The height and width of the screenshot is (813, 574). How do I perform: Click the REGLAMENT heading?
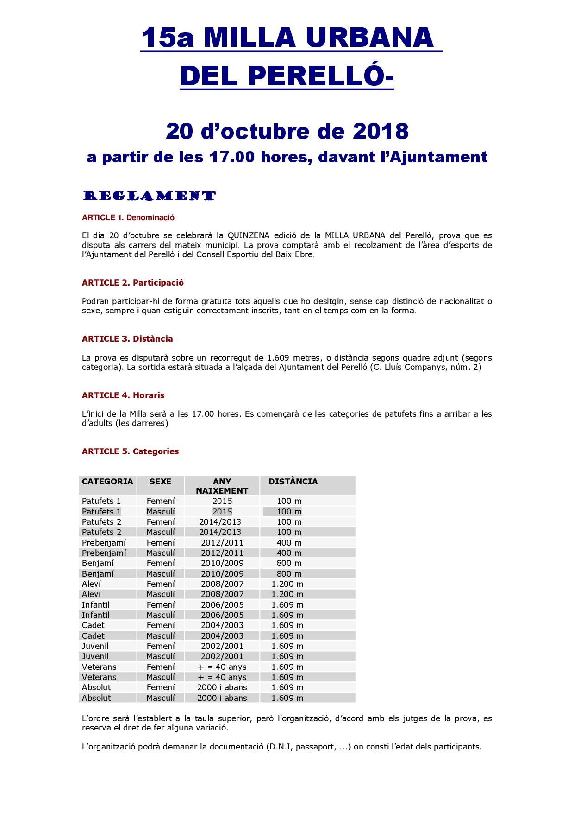(149, 196)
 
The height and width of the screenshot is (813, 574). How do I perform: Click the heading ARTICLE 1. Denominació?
(128, 217)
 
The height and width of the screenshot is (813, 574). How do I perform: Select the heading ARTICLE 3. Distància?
(127, 339)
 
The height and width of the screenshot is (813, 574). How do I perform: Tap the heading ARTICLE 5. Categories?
(130, 451)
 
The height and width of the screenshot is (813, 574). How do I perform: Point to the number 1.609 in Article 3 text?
(278, 358)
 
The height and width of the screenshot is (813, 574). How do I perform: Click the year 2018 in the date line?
(381, 131)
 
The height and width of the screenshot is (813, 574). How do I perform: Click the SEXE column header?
(160, 482)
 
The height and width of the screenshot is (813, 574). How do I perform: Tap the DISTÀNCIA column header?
(293, 482)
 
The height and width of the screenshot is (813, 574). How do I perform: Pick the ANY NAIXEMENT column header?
(222, 486)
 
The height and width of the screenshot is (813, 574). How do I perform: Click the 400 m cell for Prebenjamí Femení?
(289, 542)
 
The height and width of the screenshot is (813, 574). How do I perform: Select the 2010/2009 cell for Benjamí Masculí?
(222, 573)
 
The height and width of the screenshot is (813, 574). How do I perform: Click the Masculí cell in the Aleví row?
(161, 594)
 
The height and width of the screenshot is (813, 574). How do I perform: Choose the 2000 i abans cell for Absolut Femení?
(222, 687)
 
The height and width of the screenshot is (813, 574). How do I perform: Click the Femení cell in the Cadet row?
(161, 625)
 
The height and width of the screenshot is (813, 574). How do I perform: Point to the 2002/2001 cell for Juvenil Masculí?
(222, 656)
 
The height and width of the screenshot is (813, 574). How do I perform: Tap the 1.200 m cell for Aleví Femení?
(287, 584)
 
